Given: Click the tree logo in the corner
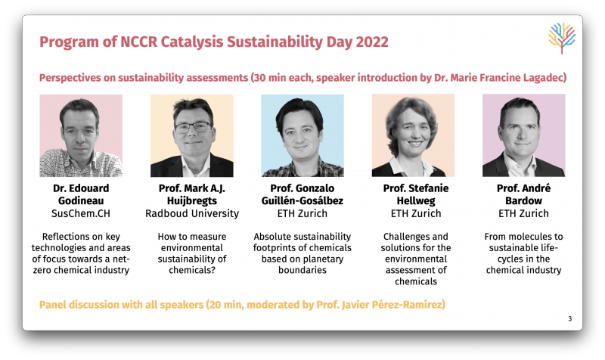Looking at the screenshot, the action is tap(562, 38).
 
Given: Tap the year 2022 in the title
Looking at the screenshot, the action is tap(372, 42).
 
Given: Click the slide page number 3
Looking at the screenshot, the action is tap(570, 318).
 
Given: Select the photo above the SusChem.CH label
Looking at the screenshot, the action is tap(81, 135).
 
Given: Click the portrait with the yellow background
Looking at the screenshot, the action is tap(192, 135).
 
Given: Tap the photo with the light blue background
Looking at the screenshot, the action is tap(302, 135).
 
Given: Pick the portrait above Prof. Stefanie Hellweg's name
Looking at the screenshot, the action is tap(413, 135).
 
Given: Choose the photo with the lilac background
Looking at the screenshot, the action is tap(524, 135).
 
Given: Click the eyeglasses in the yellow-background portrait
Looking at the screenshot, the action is tap(193, 127).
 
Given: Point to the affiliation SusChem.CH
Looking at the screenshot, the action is tap(81, 213).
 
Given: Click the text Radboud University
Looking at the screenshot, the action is tap(192, 213).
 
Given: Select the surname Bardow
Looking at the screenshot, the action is tap(523, 200).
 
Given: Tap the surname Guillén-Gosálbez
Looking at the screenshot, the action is tap(302, 200).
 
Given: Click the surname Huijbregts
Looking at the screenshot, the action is tap(192, 200).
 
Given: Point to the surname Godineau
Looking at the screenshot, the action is tap(81, 200).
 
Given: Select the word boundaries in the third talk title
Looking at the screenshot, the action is tap(302, 270).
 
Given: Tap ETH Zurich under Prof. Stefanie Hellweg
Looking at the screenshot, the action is tap(416, 213).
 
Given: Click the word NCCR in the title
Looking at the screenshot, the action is tap(139, 42).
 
